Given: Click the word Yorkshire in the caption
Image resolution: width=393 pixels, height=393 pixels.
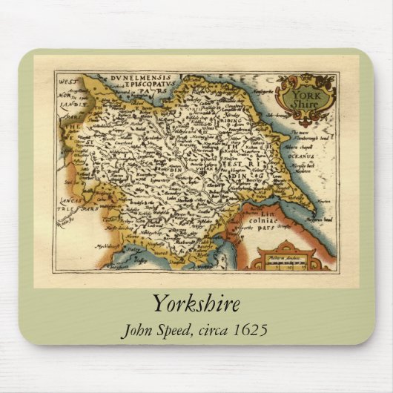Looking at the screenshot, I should (196, 304).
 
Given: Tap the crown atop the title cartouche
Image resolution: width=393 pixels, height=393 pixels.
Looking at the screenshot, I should (304, 78).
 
